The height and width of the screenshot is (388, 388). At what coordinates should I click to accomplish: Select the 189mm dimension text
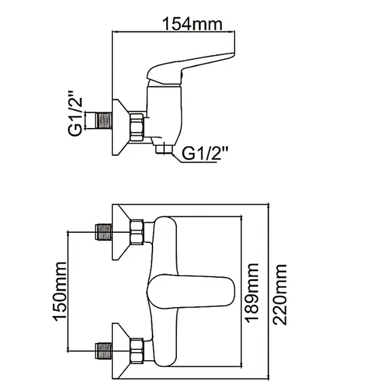pyautogui.click(x=253, y=291)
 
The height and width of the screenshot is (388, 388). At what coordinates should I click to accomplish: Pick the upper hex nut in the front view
pyautogui.click(x=138, y=231)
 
